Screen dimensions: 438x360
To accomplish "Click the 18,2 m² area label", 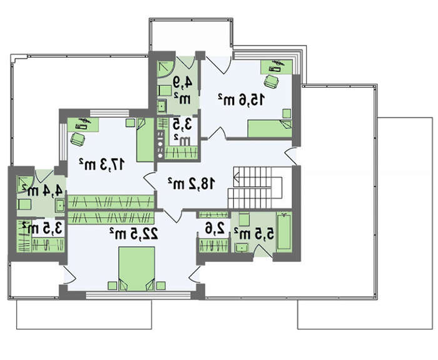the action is click(x=191, y=183).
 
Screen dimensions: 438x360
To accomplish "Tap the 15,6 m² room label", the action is click(x=241, y=100).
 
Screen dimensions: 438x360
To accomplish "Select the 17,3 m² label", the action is click(x=101, y=164).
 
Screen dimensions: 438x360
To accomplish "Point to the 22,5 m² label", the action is click(x=133, y=233).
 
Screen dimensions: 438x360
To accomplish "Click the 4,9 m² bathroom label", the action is click(x=183, y=90).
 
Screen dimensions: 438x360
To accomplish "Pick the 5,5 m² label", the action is click(x=254, y=234).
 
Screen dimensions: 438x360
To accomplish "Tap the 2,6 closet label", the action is click(x=215, y=229).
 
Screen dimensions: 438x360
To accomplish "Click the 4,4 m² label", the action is click(x=43, y=190).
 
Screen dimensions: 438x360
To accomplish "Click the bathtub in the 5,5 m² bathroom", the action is click(x=284, y=231).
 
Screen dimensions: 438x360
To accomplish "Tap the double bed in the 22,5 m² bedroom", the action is click(x=136, y=269).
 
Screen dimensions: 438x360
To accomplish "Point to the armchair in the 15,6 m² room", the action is click(x=271, y=81).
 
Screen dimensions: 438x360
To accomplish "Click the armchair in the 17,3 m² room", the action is click(x=78, y=139).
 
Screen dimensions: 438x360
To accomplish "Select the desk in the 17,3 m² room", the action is click(x=83, y=125).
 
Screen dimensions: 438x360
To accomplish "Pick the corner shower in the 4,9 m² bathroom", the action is click(x=165, y=69).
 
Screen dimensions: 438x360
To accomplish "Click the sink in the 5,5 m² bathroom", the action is click(x=242, y=248).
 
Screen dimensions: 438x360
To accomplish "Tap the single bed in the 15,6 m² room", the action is click(x=270, y=128).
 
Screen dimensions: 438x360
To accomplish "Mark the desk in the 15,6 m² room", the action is click(x=277, y=67).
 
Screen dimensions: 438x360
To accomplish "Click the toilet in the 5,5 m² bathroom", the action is click(x=244, y=219).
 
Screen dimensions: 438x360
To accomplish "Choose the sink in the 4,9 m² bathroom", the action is click(x=161, y=106).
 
